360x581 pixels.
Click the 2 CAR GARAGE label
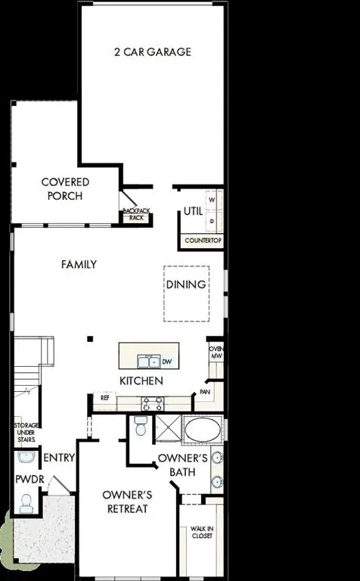pyautogui.click(x=152, y=52)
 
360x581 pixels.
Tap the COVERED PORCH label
pyautogui.click(x=65, y=189)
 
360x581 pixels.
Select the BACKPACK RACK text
pyautogui.click(x=136, y=214)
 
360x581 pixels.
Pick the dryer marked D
pyautogui.click(x=212, y=221)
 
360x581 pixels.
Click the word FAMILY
pyautogui.click(x=79, y=265)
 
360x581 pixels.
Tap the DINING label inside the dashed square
pyautogui.click(x=187, y=284)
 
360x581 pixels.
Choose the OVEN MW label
pyautogui.click(x=216, y=353)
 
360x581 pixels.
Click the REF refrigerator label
pyautogui.click(x=104, y=397)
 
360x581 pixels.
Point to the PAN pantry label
pyautogui.click(x=204, y=392)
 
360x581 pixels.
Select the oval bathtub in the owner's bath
pyautogui.click(x=200, y=432)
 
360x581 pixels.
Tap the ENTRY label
pyautogui.click(x=58, y=458)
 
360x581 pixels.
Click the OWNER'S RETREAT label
pyautogui.click(x=128, y=502)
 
